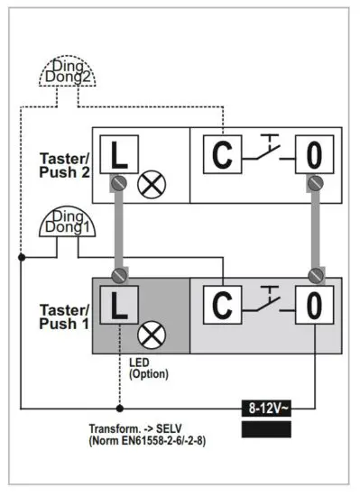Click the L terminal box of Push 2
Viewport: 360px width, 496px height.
coord(117,156)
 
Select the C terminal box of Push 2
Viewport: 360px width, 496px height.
coord(221,156)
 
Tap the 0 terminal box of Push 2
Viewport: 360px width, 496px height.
coord(313,156)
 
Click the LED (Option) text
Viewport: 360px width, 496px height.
coord(147,369)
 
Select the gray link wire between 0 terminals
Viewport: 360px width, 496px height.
coord(314,230)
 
